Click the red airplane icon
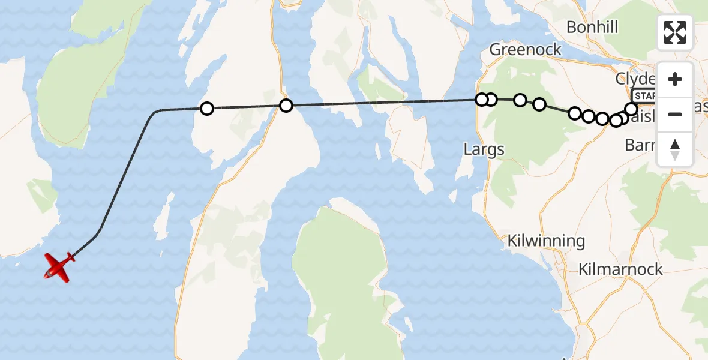click(59, 266)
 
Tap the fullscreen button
click(675, 32)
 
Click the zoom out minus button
click(675, 114)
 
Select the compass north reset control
click(675, 149)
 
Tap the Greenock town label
click(526, 49)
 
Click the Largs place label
click(484, 149)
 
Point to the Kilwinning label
click(546, 241)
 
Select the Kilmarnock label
click(620, 269)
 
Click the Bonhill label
click(592, 27)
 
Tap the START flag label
click(644, 95)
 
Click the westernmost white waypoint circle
click(206, 109)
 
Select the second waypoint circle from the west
click(286, 106)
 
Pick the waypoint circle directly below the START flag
click(631, 109)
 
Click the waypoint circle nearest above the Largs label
click(481, 100)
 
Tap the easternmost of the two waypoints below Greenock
click(539, 105)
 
